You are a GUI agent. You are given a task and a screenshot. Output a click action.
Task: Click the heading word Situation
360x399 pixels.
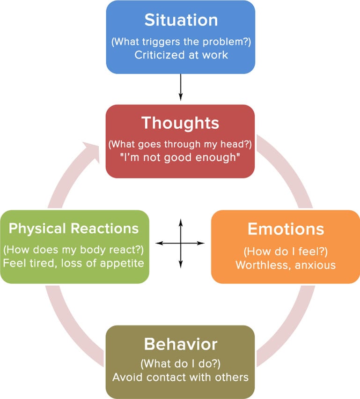[180, 20]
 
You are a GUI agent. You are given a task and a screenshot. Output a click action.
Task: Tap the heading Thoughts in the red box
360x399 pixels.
[180, 123]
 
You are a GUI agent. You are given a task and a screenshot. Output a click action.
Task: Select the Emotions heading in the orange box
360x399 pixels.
[286, 229]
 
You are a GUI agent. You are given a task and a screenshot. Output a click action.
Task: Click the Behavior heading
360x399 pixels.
[180, 344]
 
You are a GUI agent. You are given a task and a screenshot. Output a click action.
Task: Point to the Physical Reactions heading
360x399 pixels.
[74, 229]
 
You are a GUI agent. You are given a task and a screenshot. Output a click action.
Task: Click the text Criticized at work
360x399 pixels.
[181, 54]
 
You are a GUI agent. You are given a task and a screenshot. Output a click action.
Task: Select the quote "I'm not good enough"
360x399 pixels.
[181, 157]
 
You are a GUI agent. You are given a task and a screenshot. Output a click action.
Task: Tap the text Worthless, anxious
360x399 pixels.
[286, 265]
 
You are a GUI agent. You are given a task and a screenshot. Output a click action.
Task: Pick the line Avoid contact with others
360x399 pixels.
[181, 377]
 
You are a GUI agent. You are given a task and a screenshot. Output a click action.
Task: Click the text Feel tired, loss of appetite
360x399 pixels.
[74, 263]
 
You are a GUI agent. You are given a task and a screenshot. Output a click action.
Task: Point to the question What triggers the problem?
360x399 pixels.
[181, 41]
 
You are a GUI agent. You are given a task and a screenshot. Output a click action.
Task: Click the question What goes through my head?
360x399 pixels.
[181, 144]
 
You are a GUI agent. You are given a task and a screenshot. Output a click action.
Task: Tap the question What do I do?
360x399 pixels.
[180, 364]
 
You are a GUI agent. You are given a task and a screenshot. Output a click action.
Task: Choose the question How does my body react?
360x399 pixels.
[74, 249]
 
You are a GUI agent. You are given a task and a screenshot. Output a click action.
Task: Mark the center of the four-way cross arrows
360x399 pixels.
[180, 243]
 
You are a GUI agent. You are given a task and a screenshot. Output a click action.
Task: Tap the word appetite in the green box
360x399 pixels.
[123, 263]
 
